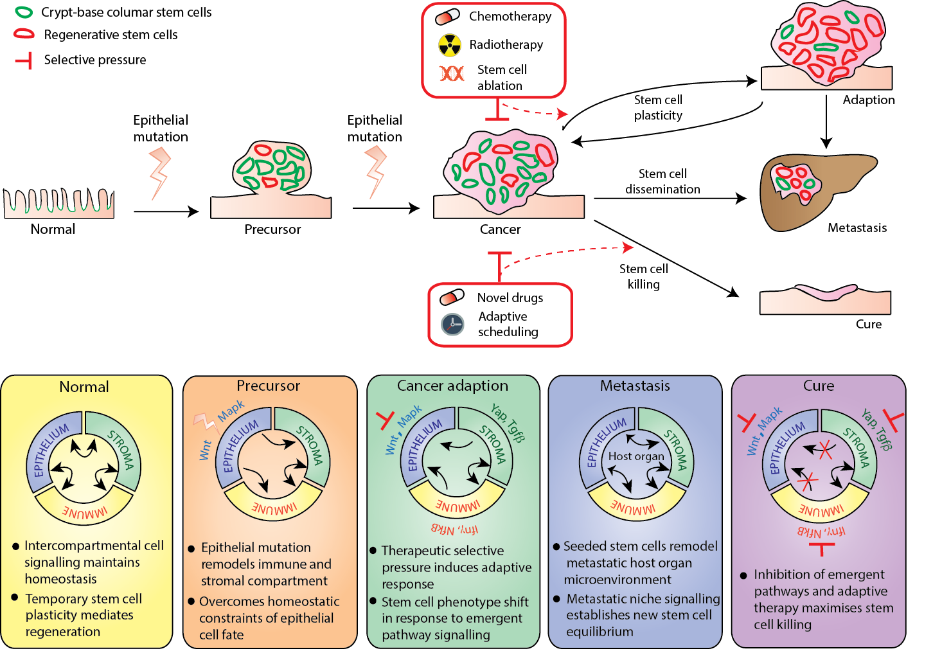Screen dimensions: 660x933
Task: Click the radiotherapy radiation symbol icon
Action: (x=450, y=45)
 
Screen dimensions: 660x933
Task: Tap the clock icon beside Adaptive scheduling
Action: (x=452, y=325)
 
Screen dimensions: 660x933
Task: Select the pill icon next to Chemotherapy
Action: (x=448, y=17)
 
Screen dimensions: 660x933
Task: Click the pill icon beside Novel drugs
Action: (x=452, y=298)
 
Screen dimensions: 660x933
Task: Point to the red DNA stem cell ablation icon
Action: (x=452, y=74)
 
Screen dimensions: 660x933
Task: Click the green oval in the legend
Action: (x=24, y=12)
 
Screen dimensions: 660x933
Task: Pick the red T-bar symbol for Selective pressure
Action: (x=24, y=60)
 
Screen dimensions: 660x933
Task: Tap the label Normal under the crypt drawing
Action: (x=53, y=229)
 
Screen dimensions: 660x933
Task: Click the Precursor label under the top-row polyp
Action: (x=272, y=229)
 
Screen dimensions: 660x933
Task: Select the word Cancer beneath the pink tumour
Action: (x=500, y=229)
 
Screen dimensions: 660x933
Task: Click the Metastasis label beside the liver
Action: (x=857, y=228)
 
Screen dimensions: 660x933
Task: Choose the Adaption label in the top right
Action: (x=869, y=100)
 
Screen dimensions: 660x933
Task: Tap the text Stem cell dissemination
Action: (x=662, y=182)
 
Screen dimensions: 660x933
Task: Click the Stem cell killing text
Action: (x=643, y=276)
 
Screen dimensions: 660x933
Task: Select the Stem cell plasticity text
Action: (x=658, y=107)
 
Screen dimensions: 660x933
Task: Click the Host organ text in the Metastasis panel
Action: (x=636, y=456)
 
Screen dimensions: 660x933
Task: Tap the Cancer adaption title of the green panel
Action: (x=452, y=386)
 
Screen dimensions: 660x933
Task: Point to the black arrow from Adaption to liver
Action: (x=827, y=122)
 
